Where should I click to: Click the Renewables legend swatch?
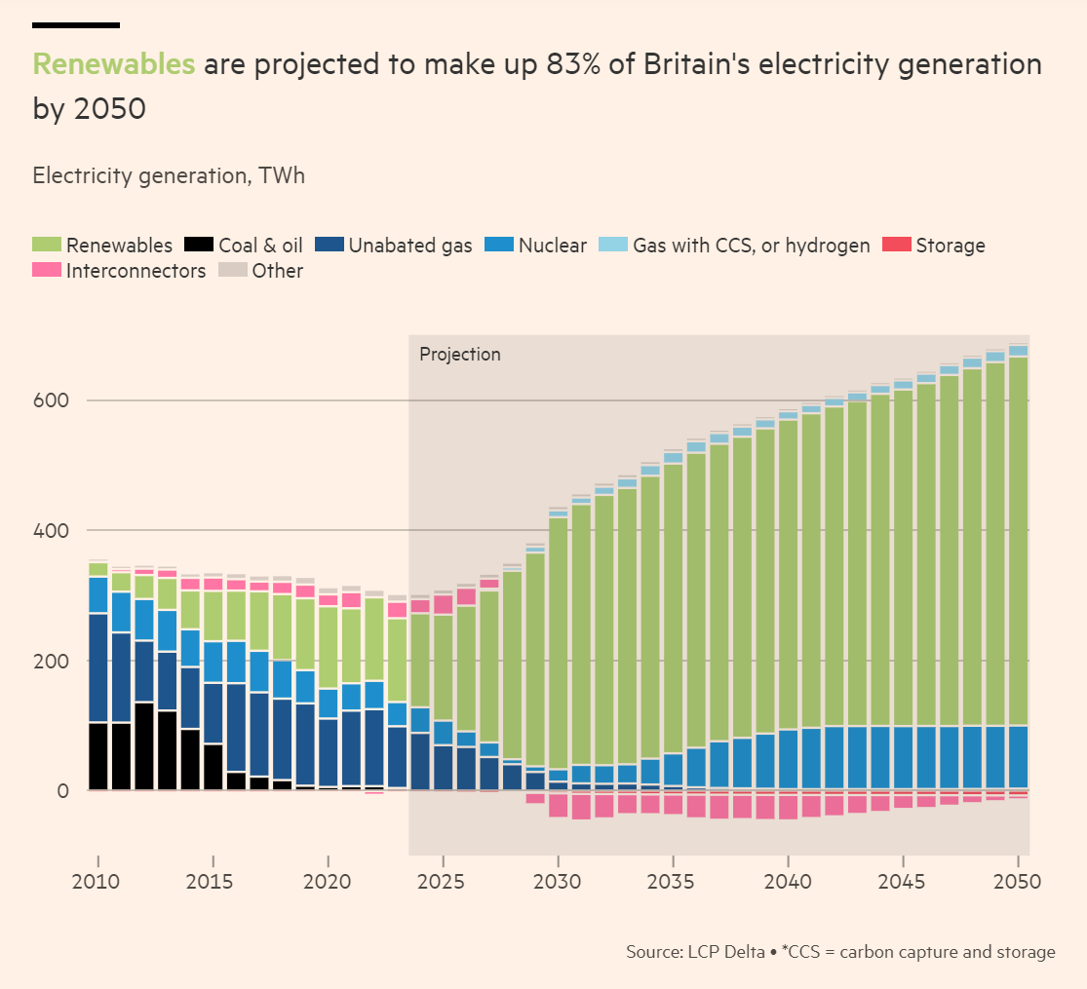pos(47,246)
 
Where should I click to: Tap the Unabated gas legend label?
pos(409,246)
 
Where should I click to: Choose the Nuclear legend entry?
pos(552,246)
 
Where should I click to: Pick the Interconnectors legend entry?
pos(136,271)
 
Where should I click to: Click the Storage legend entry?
pos(950,246)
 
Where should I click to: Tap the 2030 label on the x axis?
pos(558,882)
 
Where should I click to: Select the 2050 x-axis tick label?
pos(1018,882)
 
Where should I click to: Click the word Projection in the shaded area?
pos(459,355)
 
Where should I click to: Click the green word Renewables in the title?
pos(114,65)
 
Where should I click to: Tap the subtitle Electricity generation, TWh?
pos(169,176)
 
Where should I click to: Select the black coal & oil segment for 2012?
pos(144,745)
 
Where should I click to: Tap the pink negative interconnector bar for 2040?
pos(788,805)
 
